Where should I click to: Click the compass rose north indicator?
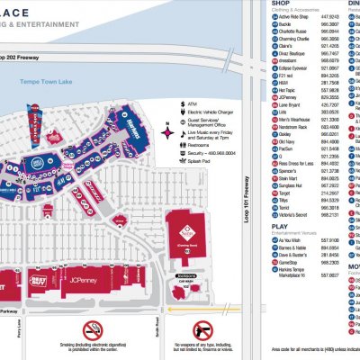tap(165, 131)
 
